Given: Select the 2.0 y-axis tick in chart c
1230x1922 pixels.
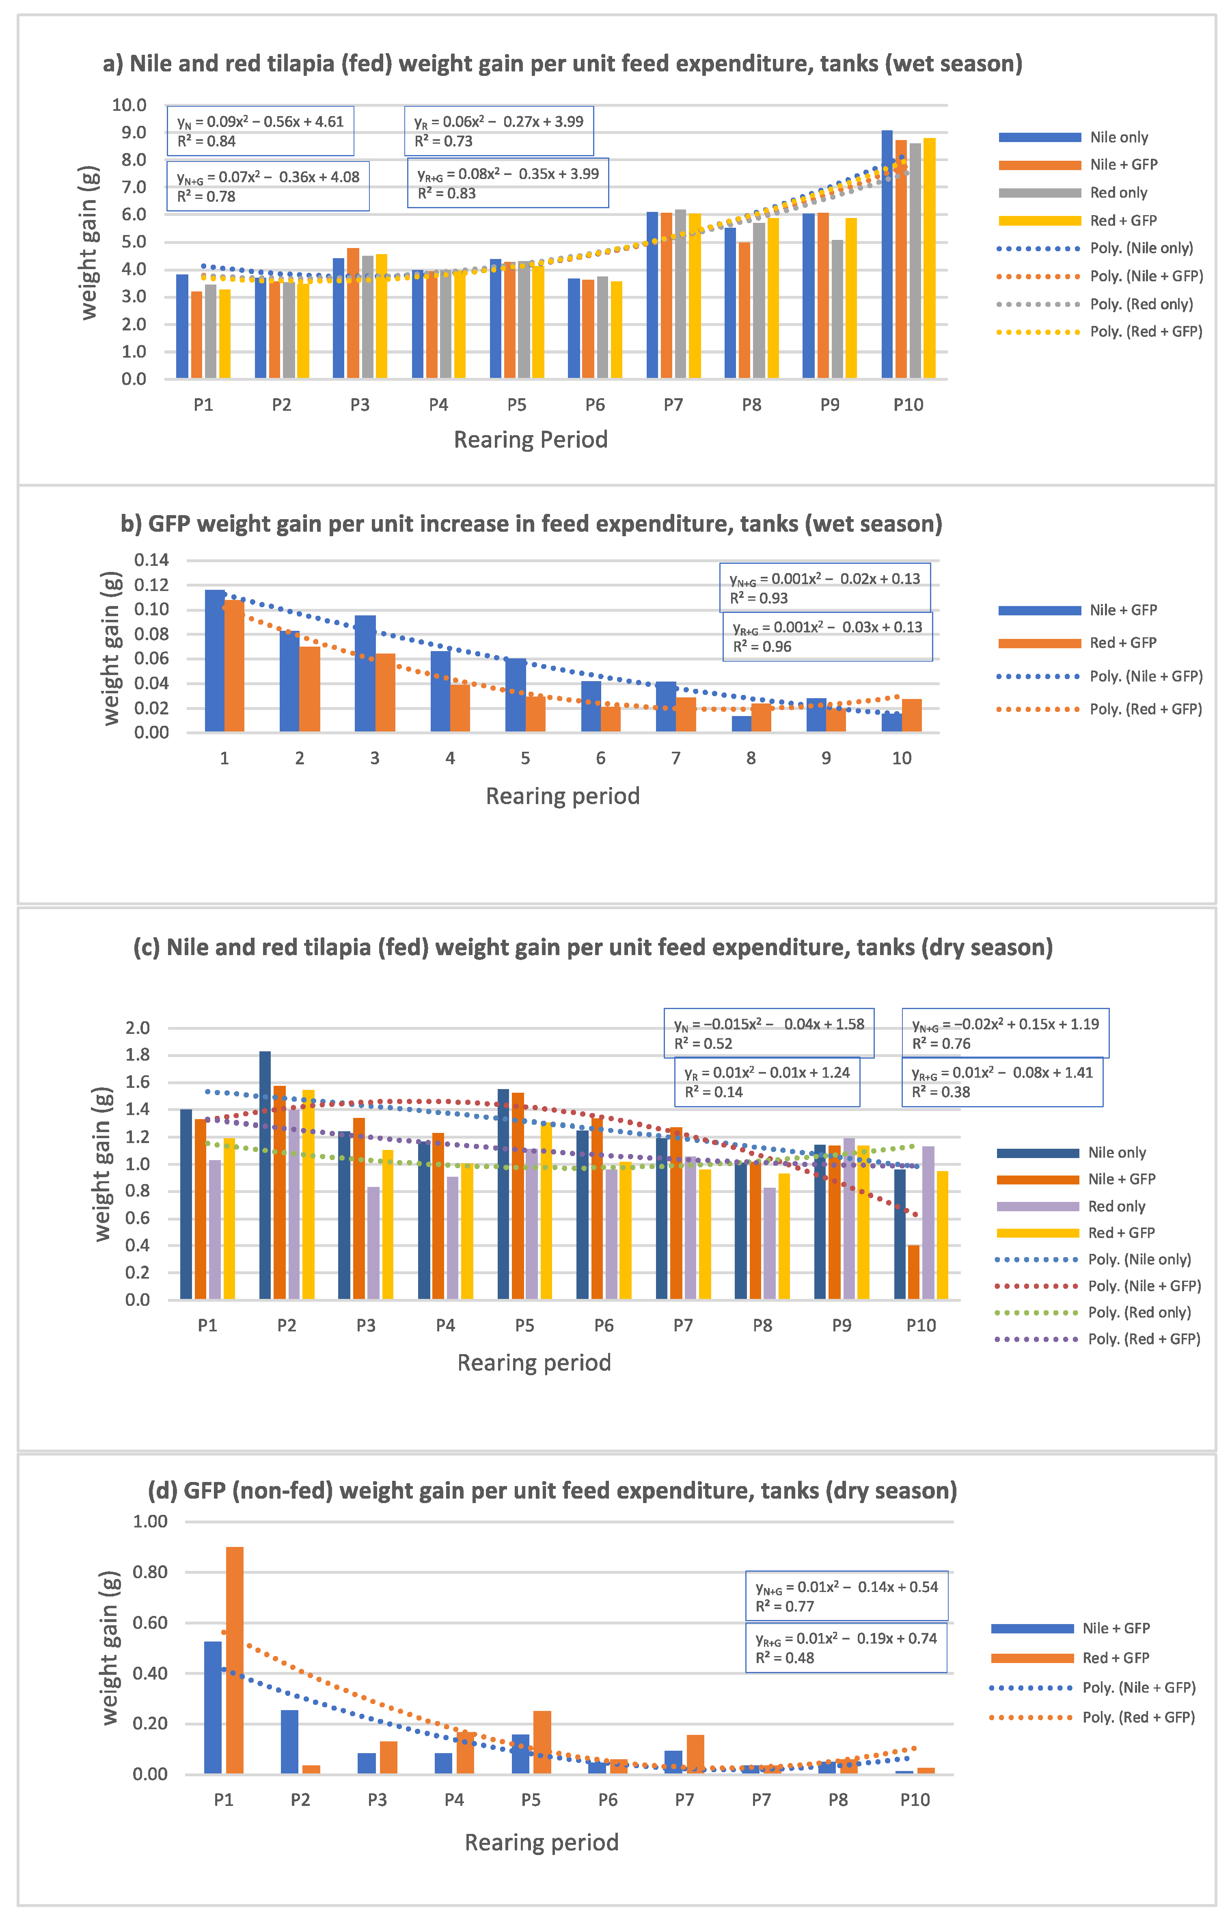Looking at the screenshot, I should (x=137, y=1028).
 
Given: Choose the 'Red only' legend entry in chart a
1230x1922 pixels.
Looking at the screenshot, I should (x=1118, y=192).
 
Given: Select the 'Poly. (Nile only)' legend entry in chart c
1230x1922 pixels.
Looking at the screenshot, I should (x=1139, y=1259).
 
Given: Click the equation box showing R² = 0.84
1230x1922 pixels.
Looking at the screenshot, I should (x=260, y=131).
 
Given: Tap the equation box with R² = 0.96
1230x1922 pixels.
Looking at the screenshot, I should (x=827, y=636).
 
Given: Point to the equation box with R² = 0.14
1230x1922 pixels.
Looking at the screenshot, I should (x=767, y=1082).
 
